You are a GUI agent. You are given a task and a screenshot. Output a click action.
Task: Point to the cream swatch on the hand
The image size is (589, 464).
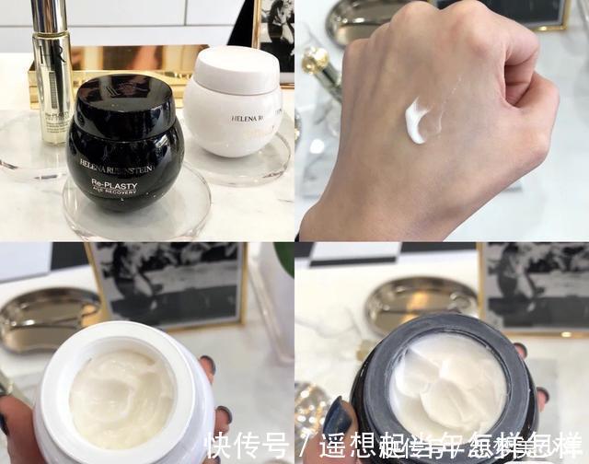(419, 121)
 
